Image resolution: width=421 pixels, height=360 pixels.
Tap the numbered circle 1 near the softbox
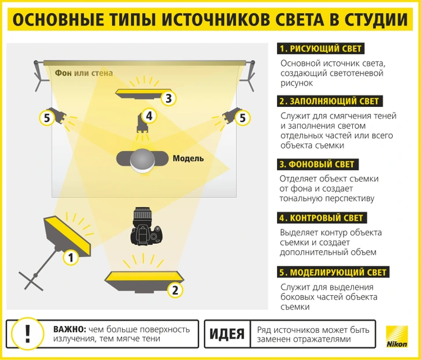[x=70, y=257]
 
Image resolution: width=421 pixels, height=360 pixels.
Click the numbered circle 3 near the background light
[x=168, y=98]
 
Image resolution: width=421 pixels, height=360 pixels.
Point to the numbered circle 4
[x=149, y=116]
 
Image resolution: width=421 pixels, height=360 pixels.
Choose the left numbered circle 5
[x=47, y=118]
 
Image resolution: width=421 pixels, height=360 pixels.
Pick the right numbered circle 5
[x=242, y=118]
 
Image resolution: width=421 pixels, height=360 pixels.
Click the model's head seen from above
[x=142, y=159]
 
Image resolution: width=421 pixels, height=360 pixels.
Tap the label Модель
[x=188, y=158]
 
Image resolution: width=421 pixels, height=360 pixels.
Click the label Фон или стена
[x=84, y=73]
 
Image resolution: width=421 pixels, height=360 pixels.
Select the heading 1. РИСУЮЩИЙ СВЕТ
[x=321, y=49]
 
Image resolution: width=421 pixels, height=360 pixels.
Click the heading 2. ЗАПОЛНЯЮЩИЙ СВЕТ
[x=329, y=101]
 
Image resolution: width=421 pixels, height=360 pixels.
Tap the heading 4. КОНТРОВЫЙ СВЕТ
[x=322, y=218]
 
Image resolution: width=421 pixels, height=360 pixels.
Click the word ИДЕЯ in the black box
[x=227, y=334]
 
